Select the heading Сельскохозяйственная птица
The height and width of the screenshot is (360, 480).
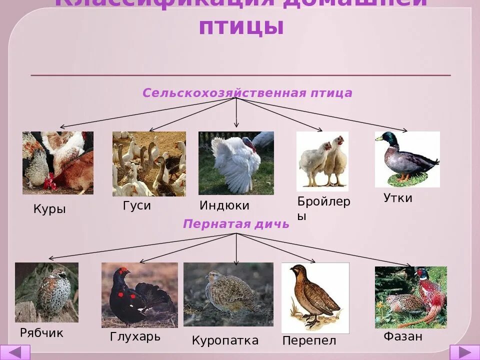[x=247, y=93]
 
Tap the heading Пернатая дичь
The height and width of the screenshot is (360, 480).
[x=236, y=224]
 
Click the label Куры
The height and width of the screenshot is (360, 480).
[x=49, y=209]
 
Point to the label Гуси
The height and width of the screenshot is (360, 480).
[x=136, y=205]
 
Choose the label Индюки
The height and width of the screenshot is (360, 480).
[x=224, y=205]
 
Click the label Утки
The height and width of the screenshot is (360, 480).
[x=398, y=198]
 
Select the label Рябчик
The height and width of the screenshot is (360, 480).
[x=42, y=332]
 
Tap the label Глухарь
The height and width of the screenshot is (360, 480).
[x=135, y=336]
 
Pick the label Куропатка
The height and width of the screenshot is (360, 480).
[x=225, y=341]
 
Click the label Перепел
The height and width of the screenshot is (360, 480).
[x=309, y=341]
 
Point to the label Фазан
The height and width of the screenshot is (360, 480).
[x=403, y=336]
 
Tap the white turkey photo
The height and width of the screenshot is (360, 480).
[x=236, y=162]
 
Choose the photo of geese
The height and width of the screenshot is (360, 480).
[x=149, y=163]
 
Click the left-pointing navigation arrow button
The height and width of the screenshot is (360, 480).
[x=15, y=352]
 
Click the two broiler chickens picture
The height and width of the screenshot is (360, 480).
[x=322, y=161]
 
